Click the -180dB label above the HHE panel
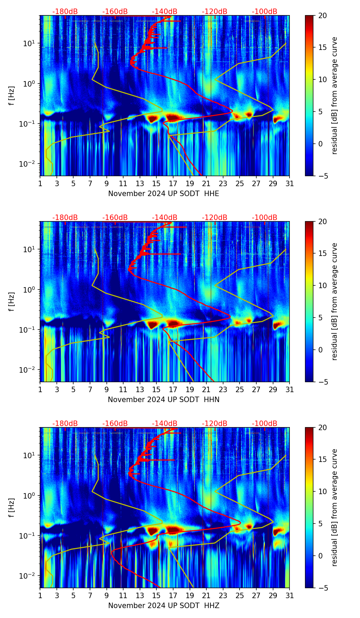[65, 12]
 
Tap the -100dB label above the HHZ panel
[265, 424]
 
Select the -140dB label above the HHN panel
[165, 218]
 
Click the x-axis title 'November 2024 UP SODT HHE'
[164, 194]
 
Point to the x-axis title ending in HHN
[164, 400]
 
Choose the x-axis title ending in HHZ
[164, 606]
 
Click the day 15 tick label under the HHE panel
[156, 184]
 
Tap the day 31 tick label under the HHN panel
[290, 390]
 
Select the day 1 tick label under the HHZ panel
[40, 596]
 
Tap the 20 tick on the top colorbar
[322, 16]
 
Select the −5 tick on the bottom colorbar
[322, 588]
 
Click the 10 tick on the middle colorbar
[322, 285]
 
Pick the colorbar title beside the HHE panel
[334, 96]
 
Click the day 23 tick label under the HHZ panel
[223, 596]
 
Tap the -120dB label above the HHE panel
[215, 12]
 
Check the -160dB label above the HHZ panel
[115, 424]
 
